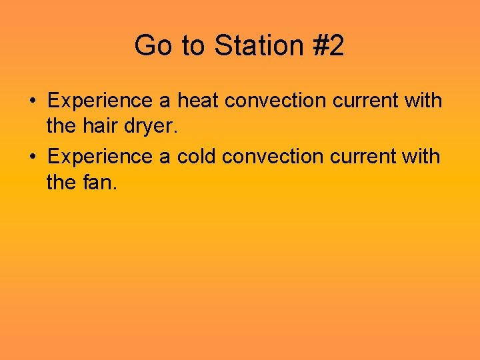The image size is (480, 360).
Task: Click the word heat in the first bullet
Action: [x=198, y=101]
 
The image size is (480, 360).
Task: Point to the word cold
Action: [x=197, y=157]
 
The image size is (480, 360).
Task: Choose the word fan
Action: [x=99, y=181]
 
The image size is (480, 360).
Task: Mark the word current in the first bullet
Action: [x=365, y=101]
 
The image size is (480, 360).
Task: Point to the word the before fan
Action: [x=61, y=181]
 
